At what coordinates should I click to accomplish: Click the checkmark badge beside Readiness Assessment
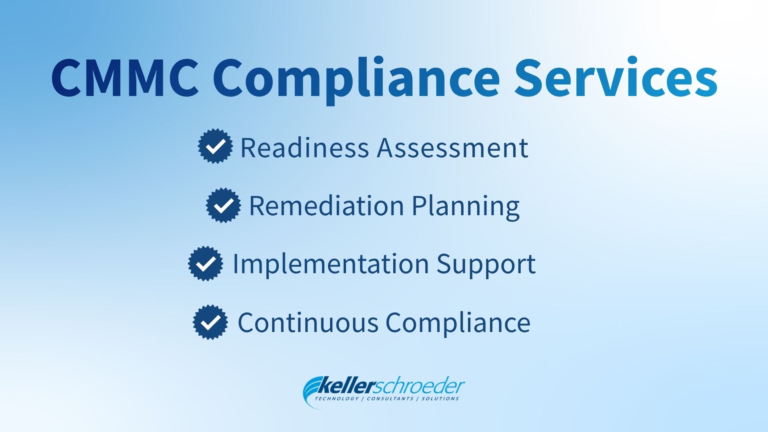(x=216, y=146)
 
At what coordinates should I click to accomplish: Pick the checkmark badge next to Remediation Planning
(x=224, y=205)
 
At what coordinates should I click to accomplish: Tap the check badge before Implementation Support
(x=206, y=264)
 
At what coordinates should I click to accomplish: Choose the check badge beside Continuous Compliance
(x=210, y=322)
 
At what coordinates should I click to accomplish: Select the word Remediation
(x=326, y=206)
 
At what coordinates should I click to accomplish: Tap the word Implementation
(x=330, y=264)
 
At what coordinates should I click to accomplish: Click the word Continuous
(x=308, y=323)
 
